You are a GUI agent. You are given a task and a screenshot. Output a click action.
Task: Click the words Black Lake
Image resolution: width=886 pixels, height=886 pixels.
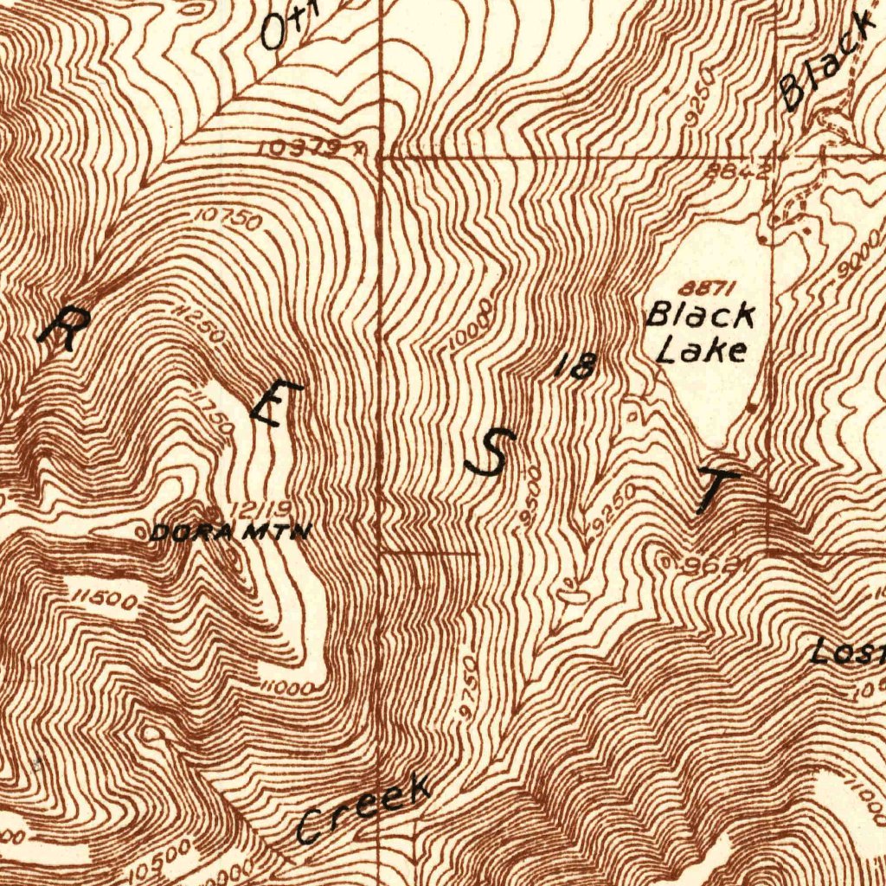coord(700,332)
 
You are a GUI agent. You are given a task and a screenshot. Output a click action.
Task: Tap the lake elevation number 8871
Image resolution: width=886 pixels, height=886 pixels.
coord(699,289)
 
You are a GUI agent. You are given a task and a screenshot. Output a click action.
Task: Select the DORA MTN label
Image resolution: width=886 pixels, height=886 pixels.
coord(228,534)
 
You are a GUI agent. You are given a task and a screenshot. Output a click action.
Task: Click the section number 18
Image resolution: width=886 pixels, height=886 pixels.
coord(575,367)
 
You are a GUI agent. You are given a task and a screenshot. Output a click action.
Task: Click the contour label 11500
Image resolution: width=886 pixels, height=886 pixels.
coord(105,598)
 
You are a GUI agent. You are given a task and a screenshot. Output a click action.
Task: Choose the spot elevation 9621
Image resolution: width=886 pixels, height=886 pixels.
coord(709,566)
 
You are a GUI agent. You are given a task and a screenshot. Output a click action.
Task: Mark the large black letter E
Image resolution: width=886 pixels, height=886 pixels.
coord(276,403)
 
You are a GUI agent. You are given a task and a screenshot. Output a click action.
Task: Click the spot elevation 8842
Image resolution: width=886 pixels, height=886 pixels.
coord(736,170)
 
